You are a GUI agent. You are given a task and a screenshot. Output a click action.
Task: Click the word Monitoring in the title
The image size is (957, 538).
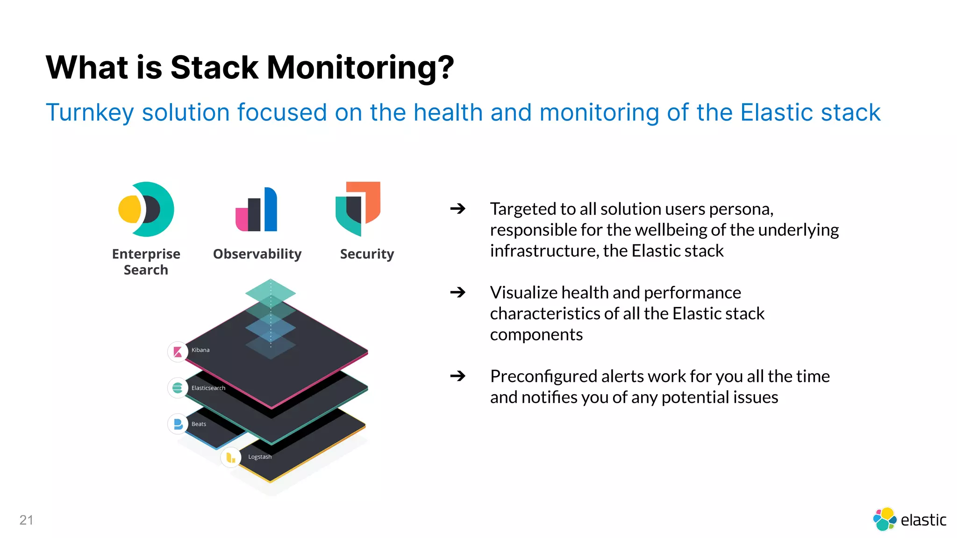360,68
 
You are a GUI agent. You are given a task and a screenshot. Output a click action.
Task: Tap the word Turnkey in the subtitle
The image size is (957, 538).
90,113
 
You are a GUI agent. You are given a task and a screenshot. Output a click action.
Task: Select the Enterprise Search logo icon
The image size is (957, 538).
146,209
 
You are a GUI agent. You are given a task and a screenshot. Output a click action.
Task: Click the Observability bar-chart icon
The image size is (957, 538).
257,210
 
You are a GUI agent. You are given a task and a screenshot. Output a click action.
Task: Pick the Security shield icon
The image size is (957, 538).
358,208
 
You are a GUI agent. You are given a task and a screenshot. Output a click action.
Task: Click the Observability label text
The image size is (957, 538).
257,254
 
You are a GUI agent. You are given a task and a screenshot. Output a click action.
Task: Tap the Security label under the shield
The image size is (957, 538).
367,254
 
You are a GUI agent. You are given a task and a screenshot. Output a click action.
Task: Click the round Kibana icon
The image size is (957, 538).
178,352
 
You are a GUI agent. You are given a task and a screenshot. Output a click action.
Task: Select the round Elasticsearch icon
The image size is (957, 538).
178,388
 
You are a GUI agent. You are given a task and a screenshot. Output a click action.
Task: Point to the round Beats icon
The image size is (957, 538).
178,424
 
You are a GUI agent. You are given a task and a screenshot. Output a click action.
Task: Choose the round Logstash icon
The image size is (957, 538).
231,458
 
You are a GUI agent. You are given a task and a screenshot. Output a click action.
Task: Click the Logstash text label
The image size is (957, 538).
260,457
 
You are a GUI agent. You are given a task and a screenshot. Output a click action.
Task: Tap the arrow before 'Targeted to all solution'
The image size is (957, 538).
457,208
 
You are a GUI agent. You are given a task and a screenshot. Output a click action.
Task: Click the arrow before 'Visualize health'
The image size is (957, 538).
457,292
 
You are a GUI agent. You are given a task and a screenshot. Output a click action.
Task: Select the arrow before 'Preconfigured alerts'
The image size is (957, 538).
457,375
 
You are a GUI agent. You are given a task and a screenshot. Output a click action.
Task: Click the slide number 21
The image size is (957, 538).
26,520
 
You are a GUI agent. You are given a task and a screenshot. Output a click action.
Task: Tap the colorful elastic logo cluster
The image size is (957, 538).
885,519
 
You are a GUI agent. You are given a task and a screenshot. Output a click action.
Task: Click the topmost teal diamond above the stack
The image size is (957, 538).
271,292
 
